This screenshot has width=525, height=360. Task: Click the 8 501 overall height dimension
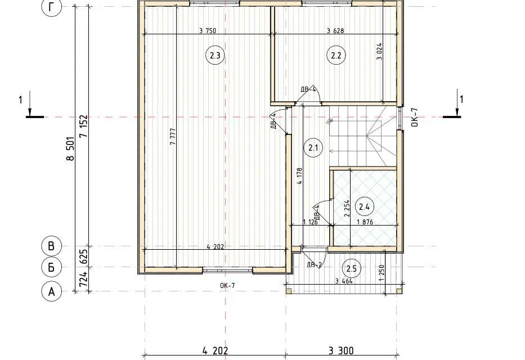[x=70, y=148]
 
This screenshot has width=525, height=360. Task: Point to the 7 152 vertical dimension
[x=84, y=127]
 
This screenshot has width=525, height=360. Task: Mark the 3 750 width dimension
[x=208, y=31]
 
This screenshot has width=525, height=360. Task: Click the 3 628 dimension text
[x=335, y=31]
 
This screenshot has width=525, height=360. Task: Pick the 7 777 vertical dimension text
[x=173, y=137]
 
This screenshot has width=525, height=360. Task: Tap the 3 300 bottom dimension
[x=341, y=350]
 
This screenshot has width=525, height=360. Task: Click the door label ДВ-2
[x=314, y=265]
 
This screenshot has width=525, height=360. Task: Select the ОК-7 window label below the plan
[x=227, y=285]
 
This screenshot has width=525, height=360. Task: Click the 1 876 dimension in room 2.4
[x=365, y=222]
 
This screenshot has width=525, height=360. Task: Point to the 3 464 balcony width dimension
[x=344, y=281]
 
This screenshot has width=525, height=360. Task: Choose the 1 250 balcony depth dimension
[x=382, y=273]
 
